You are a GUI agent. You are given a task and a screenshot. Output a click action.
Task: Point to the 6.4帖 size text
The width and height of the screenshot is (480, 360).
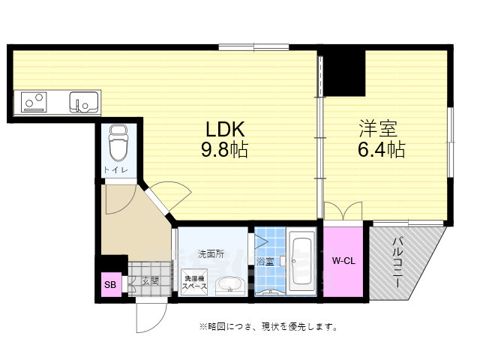pos(380,150)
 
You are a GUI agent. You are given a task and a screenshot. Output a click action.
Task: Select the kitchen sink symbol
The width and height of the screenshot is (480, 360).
pos(84,100)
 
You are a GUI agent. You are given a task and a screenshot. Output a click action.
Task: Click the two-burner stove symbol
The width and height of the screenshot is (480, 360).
pos(34,100)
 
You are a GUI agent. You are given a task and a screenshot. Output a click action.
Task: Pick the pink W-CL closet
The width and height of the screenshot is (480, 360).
pos(343,261)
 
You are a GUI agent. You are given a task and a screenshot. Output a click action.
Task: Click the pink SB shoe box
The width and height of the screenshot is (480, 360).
pos(109,284)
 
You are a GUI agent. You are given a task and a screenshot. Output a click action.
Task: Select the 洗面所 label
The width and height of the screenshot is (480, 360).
pos(211,253)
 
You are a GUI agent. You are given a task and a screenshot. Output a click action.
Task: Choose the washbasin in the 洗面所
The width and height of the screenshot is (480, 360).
pos(229,284)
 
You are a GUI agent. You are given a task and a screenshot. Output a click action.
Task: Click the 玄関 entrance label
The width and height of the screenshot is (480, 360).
pos(150,281)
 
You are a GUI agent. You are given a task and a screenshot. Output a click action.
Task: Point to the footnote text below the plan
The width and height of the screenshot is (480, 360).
pos(267,327)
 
